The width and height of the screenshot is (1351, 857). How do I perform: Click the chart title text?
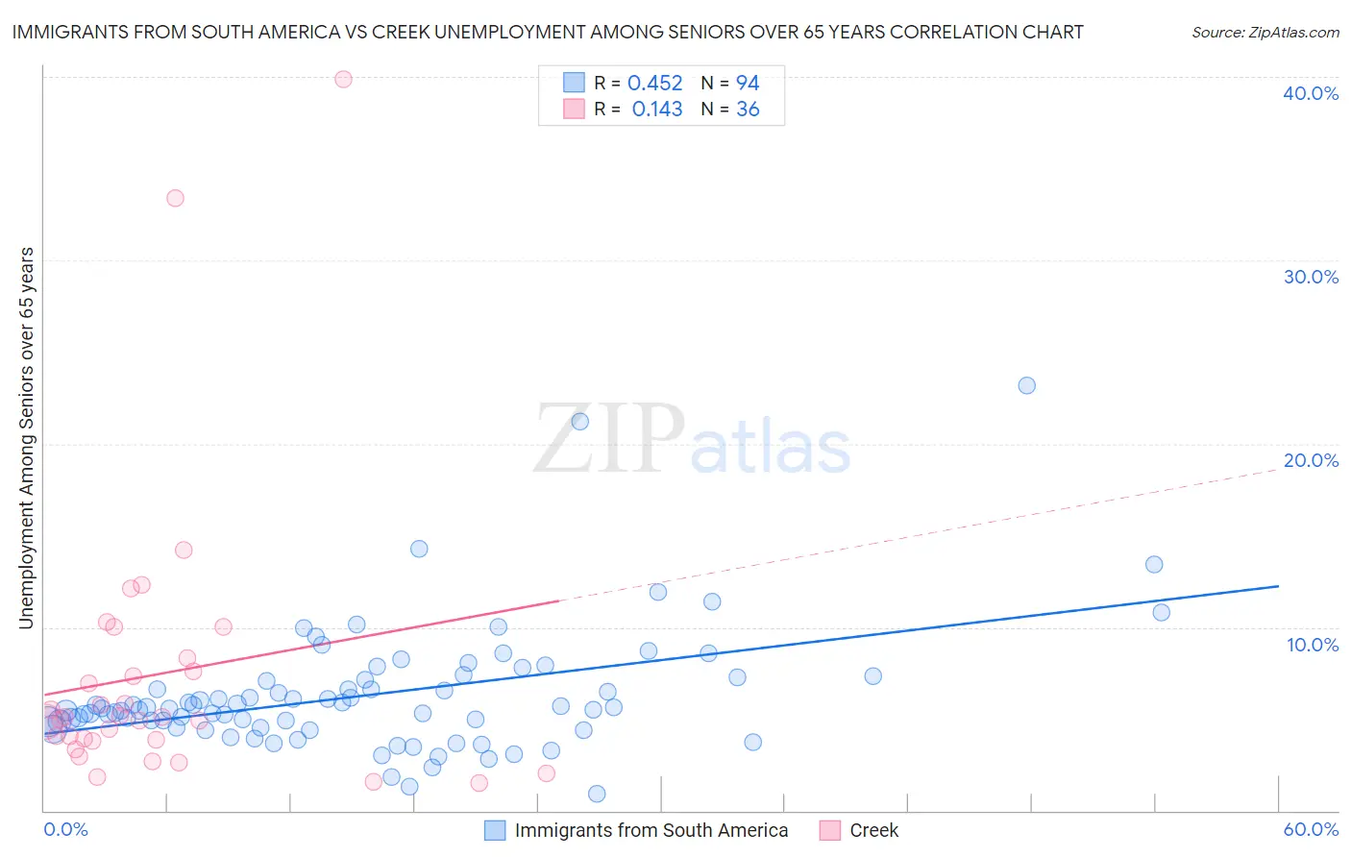(547, 32)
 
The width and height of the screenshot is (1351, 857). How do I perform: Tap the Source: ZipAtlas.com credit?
(1265, 32)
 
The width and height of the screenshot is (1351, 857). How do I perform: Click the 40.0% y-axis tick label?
(1311, 93)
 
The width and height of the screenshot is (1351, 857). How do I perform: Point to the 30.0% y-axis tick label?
(1311, 277)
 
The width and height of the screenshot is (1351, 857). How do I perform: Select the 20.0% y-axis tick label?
(1311, 460)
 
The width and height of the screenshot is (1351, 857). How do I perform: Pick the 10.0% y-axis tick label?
(1311, 645)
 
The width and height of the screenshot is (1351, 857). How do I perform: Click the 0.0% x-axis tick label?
(66, 829)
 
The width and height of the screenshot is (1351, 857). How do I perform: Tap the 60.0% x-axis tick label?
(1311, 829)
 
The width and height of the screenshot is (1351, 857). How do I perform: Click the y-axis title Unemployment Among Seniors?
(26, 438)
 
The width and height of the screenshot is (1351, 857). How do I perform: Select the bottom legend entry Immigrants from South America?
(651, 830)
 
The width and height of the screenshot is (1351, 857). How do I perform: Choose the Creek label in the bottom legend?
(873, 830)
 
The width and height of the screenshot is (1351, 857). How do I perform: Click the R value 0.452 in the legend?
(654, 84)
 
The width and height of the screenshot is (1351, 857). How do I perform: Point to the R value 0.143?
(656, 110)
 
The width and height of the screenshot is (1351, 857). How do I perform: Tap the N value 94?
(748, 84)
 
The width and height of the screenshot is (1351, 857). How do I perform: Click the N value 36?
(748, 110)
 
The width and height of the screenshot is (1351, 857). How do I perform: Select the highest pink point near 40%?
(343, 79)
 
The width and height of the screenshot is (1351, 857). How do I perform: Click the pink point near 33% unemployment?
(175, 198)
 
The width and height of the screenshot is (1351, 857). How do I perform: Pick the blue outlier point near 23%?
(1026, 385)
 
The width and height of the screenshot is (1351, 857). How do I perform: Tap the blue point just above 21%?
(579, 421)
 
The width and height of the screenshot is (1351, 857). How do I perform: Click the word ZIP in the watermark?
(608, 439)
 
